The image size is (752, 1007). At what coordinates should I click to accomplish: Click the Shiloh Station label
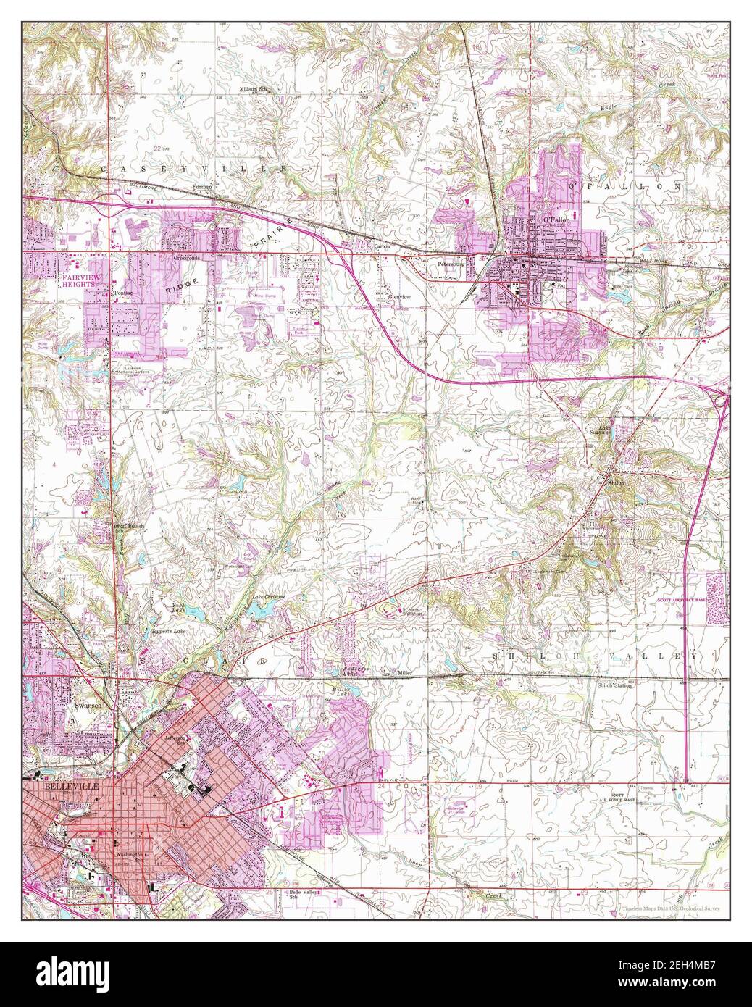(614, 685)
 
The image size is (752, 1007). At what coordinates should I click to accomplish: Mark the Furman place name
(202, 188)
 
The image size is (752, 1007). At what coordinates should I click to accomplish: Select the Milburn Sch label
(254, 89)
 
